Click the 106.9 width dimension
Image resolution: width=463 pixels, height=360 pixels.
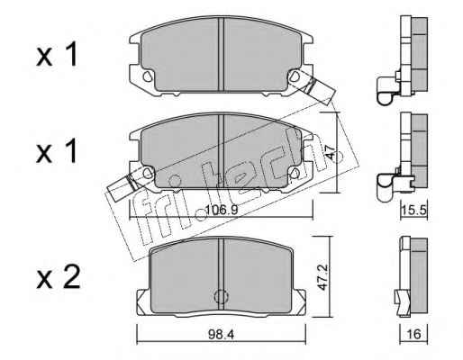pos(222,210)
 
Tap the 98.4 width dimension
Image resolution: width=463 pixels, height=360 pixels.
pos(222,334)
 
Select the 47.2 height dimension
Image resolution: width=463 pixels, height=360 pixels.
pos(322,277)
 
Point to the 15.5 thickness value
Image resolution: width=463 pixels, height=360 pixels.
pos(414,211)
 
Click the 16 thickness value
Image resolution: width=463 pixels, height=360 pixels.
pos(414,334)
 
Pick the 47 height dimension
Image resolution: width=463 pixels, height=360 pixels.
pos(330,152)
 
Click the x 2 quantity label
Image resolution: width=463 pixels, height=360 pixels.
pos(59,276)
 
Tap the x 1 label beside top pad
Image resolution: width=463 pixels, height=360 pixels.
pos(57,54)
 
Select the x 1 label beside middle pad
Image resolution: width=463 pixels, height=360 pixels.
pos(57,151)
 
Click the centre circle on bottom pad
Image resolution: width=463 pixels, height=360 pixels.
pos(222,297)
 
